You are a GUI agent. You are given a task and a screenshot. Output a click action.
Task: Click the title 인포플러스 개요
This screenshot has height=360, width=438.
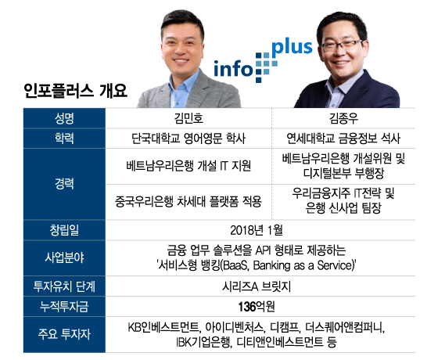[75, 91]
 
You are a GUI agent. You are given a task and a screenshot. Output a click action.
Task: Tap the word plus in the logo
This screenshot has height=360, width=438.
[292, 48]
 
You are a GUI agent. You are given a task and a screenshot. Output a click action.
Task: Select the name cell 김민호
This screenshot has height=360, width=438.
[188, 118]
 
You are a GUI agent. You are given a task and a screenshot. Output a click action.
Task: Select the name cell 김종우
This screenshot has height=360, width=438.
[343, 118]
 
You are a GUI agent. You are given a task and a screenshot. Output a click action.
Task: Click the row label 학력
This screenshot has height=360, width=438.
[64, 139]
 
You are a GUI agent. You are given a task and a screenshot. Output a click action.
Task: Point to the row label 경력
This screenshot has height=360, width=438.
[64, 184]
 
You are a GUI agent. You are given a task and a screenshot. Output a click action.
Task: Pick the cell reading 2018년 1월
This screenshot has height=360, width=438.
[257, 230]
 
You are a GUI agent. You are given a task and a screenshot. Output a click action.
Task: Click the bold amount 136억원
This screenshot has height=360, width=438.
[257, 307]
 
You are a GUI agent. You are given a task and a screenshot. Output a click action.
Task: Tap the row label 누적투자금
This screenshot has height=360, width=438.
[64, 307]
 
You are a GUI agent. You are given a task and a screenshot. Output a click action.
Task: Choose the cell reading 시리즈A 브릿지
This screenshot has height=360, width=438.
[257, 286]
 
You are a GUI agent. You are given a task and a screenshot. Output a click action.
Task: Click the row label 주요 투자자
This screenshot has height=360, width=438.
[64, 334]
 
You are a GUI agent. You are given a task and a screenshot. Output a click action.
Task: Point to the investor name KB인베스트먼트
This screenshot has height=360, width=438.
[163, 327]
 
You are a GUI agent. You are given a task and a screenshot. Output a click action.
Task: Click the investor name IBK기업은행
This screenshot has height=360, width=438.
[204, 341]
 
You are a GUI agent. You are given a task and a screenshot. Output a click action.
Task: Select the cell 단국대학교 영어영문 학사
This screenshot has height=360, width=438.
[188, 139]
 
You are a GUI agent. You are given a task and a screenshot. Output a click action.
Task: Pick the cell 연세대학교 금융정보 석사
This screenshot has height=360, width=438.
[343, 139]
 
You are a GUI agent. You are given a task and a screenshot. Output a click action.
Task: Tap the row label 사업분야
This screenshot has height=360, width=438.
[64, 257]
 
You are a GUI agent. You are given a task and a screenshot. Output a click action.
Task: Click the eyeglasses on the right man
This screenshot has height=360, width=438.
[342, 45]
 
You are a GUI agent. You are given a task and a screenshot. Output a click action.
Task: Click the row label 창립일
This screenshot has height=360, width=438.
[64, 230]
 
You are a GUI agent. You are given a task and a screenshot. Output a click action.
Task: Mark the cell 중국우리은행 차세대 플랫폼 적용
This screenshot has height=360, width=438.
[188, 202]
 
